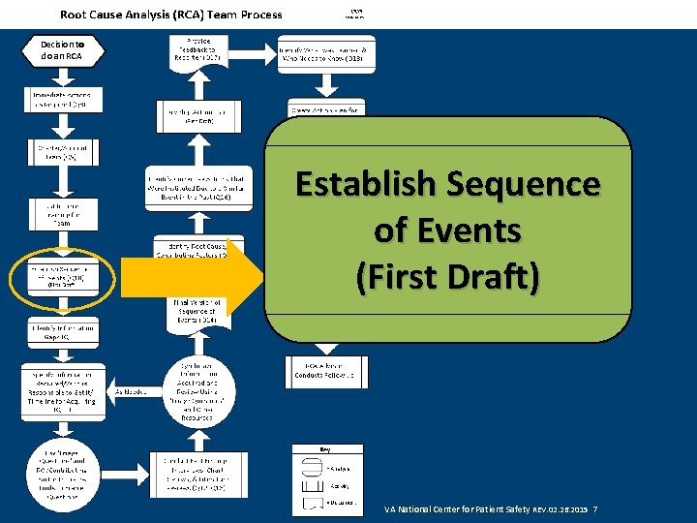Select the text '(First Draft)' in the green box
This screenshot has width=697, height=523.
pyautogui.click(x=447, y=277)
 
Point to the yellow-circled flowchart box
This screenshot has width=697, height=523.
pyautogui.click(x=63, y=277)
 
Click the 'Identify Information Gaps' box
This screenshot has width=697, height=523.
pyautogui.click(x=63, y=333)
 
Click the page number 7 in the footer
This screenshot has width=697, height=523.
pyautogui.click(x=594, y=508)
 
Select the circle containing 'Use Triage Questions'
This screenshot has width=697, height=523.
pyautogui.click(x=63, y=476)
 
